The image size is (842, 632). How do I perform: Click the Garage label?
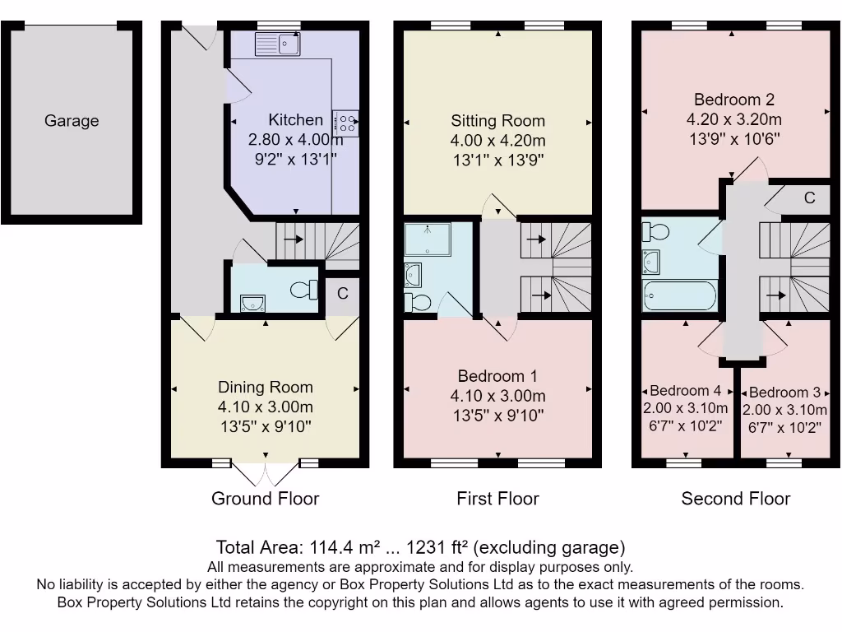(72, 120)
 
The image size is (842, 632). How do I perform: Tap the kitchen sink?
(278, 44)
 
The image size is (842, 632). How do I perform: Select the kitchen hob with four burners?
(345, 123)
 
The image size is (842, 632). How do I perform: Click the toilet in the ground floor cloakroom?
(304, 290)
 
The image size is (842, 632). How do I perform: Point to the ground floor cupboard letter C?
(343, 293)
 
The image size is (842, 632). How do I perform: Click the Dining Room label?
(266, 387)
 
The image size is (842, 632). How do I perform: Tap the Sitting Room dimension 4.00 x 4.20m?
(497, 140)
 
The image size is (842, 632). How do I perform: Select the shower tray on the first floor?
(428, 239)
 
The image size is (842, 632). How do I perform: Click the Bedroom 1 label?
(497, 375)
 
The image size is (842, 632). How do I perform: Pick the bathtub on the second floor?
(680, 295)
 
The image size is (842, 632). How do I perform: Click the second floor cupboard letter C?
(810, 197)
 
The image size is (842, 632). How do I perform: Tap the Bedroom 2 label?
(734, 100)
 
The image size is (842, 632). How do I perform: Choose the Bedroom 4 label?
(685, 391)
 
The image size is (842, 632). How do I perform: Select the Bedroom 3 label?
(784, 393)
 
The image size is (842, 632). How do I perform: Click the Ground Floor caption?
(266, 498)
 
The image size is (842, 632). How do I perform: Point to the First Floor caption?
(497, 498)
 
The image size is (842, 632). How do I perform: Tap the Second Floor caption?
(736, 498)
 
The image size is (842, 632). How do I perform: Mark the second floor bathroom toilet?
(655, 232)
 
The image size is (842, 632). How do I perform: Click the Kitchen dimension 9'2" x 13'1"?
(295, 159)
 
